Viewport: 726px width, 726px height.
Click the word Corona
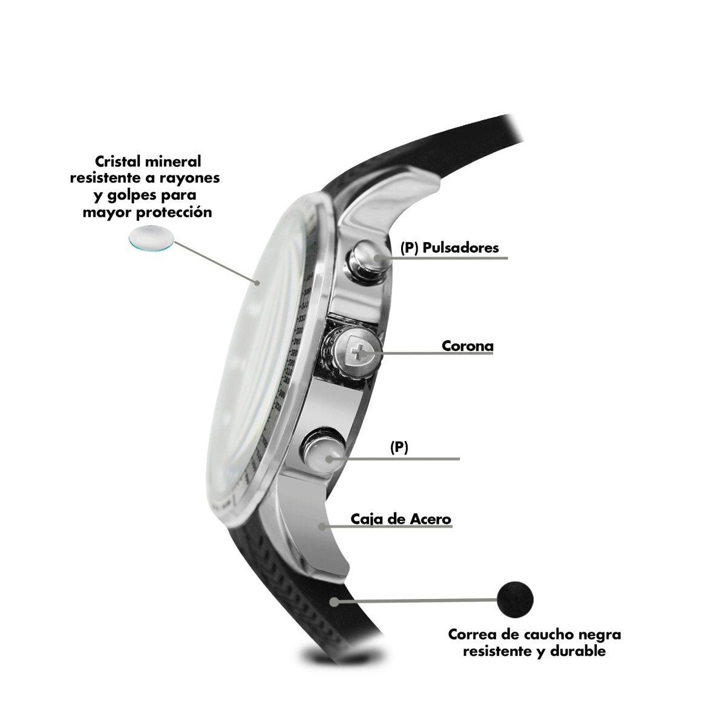[467, 346]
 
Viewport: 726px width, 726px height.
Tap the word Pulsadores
[460, 248]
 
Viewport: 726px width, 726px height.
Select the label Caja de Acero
[401, 518]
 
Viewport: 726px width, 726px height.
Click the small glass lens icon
[151, 237]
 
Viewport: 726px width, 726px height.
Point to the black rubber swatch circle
[515, 599]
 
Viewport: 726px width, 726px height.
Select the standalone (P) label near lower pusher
[399, 447]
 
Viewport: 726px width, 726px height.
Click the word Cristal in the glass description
[118, 162]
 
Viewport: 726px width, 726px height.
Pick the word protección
[174, 212]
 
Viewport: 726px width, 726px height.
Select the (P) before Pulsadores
[410, 248]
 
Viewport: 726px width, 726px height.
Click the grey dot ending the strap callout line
[333, 601]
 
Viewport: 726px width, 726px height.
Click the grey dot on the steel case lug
[322, 526]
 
